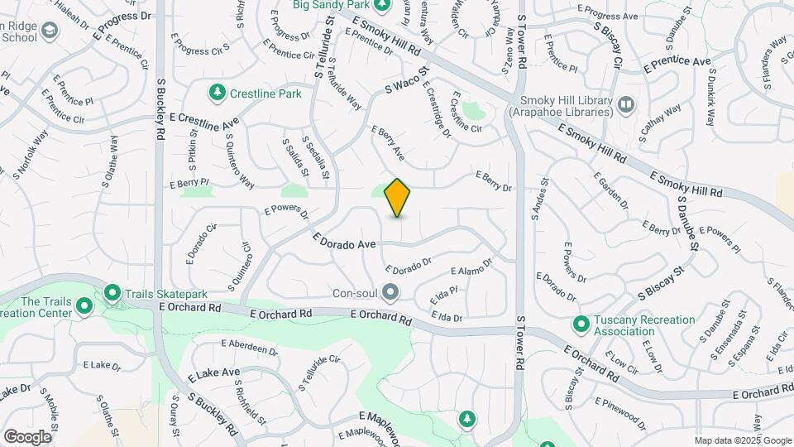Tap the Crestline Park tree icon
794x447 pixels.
click(x=218, y=93)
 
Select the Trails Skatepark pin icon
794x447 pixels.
click(x=112, y=293)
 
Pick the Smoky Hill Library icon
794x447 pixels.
click(x=625, y=104)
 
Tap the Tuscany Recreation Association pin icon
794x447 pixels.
click(x=581, y=324)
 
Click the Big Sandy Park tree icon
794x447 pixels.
click(x=381, y=5)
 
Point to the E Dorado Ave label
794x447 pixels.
click(x=344, y=242)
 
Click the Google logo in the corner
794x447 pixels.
click(x=27, y=436)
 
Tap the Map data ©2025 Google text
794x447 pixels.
click(x=742, y=440)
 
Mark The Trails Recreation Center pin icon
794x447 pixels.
click(x=84, y=306)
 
